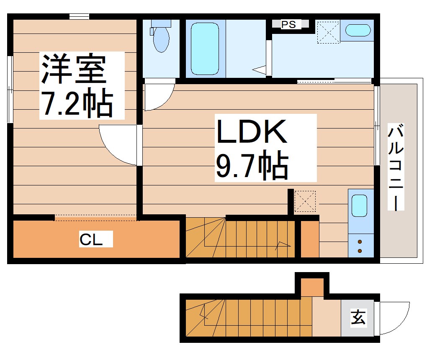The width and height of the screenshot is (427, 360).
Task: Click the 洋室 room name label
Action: point(72,69)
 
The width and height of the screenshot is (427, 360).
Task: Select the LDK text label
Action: point(251,131)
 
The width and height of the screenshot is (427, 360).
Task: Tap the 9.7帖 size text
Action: point(251,166)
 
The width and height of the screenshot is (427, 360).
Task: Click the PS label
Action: point(288,25)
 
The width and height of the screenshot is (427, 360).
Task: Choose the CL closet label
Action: point(90,240)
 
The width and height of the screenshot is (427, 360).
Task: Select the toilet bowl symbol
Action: point(161,38)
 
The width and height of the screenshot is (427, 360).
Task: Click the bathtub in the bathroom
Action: point(205,49)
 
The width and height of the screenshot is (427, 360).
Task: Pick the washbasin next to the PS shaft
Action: point(358,31)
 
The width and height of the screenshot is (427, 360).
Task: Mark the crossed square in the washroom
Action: point(328,32)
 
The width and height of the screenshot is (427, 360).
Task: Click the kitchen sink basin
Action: point(360,206)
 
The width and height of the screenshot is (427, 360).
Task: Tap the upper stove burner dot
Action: point(360,242)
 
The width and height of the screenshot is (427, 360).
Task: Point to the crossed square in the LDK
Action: point(305,201)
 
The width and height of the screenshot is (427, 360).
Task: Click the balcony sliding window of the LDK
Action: point(376,126)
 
